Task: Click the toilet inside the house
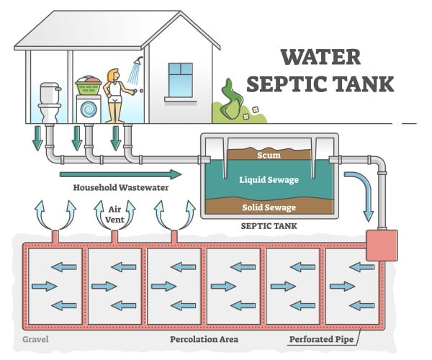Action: [x=50, y=102]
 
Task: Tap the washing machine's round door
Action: [x=89, y=109]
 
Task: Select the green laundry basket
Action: [x=89, y=86]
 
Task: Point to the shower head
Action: [x=138, y=60]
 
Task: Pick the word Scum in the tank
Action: [x=269, y=155]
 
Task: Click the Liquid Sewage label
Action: [x=269, y=180]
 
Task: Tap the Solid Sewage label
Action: [x=269, y=207]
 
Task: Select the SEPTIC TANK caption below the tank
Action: [x=269, y=226]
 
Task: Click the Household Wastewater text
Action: [x=121, y=188]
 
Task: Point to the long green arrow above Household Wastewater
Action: [x=120, y=174]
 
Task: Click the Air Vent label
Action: [x=114, y=215]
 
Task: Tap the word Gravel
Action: [x=35, y=339]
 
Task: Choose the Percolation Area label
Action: [x=204, y=339]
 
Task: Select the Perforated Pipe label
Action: [x=321, y=339]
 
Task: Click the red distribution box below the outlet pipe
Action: [x=382, y=245]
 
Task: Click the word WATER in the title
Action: [x=320, y=57]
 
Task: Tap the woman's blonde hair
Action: [x=112, y=75]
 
